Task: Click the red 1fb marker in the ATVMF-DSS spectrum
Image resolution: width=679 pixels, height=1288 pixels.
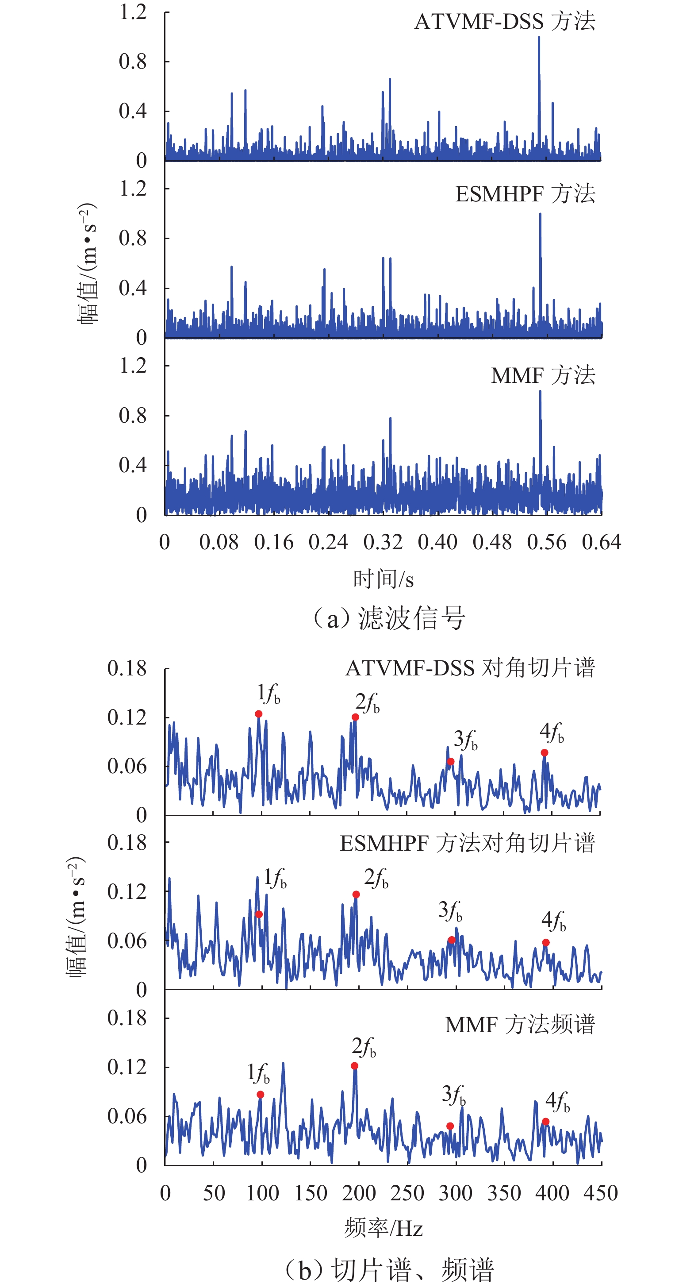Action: [258, 714]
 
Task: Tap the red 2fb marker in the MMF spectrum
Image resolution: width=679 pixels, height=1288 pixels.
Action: [354, 1066]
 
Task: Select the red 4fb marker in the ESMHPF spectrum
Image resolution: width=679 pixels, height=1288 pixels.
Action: [545, 942]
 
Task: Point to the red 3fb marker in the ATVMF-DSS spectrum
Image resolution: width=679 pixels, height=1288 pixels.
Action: [451, 761]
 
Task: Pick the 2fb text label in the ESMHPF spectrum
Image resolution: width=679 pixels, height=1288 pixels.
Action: [376, 879]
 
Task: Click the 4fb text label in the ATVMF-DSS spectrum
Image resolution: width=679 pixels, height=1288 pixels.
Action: [552, 733]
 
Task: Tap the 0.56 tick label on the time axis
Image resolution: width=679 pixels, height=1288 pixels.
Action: [547, 542]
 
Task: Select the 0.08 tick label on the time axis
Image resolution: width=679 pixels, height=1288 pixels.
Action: [219, 542]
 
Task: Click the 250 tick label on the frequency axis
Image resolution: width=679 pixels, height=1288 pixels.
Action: [407, 1193]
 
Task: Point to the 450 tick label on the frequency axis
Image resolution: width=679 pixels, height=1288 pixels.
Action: [601, 1193]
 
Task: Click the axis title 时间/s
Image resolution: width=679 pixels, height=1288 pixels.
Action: [383, 579]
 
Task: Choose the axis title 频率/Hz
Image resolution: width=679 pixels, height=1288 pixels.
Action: [383, 1228]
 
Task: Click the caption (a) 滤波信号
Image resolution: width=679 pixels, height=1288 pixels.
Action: [389, 618]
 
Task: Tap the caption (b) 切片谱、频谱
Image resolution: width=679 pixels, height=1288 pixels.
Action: [389, 1269]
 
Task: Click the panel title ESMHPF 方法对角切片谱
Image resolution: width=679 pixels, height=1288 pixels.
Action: [467, 844]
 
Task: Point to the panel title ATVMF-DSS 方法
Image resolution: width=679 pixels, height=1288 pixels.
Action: [505, 22]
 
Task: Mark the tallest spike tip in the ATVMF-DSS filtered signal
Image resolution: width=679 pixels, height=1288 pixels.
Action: [539, 38]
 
